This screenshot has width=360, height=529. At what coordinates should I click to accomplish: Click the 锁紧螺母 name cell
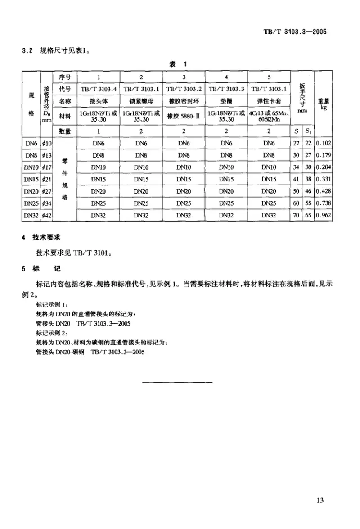click(x=141, y=101)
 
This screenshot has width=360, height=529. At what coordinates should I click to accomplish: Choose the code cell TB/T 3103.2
click(x=184, y=89)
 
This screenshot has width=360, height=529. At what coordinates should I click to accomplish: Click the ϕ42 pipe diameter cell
click(x=47, y=215)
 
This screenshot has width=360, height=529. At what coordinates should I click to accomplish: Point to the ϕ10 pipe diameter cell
click(x=47, y=143)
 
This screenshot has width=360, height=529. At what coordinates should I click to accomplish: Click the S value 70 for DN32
click(x=295, y=215)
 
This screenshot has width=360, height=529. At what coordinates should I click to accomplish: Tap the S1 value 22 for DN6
click(x=307, y=143)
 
